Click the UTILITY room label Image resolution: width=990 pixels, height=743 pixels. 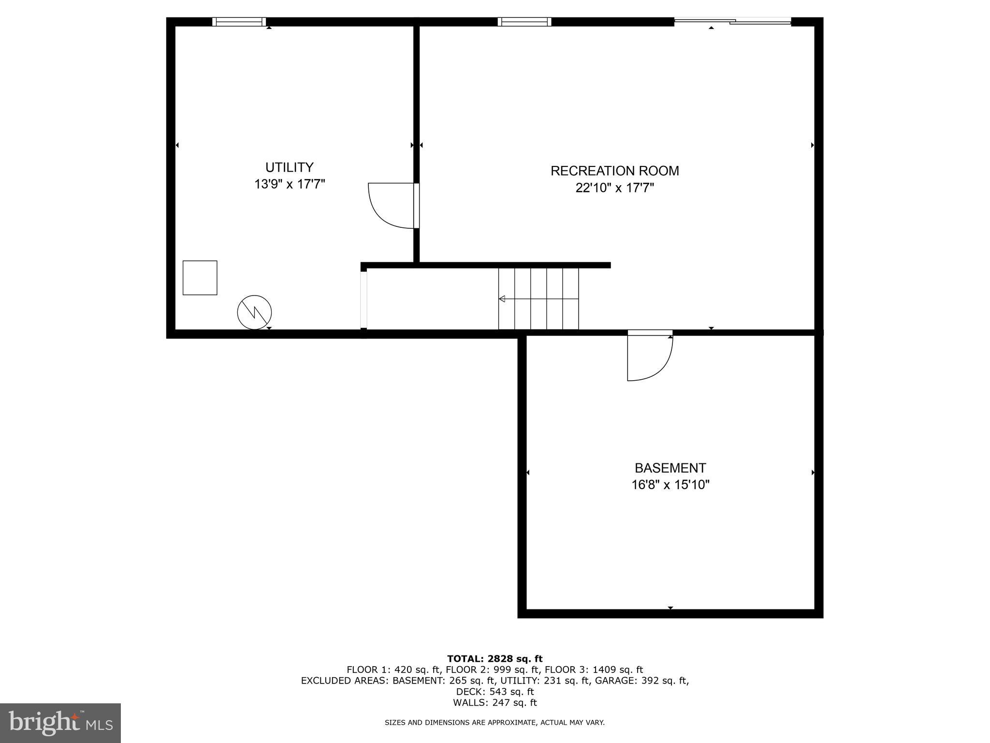289,167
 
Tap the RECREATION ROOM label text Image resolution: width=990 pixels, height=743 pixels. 614,171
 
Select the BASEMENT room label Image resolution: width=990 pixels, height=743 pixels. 670,468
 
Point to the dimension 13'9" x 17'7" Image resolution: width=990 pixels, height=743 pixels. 290,184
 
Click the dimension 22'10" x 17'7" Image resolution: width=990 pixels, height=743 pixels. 614,188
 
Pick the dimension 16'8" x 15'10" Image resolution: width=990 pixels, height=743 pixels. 670,485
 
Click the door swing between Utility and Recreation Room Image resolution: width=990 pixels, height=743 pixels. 389,206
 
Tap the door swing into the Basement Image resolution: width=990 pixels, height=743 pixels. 648,358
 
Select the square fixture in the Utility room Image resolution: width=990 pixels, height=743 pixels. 200,278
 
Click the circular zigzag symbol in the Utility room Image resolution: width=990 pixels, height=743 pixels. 254,312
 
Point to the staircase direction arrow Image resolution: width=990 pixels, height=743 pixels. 503,299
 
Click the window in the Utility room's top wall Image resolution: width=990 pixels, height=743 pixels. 239,22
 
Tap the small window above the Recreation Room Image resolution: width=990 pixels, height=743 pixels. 524,22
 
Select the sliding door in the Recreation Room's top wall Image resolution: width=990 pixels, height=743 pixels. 732,21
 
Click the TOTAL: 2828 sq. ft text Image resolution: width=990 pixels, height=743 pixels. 495,658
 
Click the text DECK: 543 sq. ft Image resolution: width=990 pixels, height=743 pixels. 495,692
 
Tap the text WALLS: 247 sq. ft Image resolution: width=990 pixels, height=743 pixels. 495,702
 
